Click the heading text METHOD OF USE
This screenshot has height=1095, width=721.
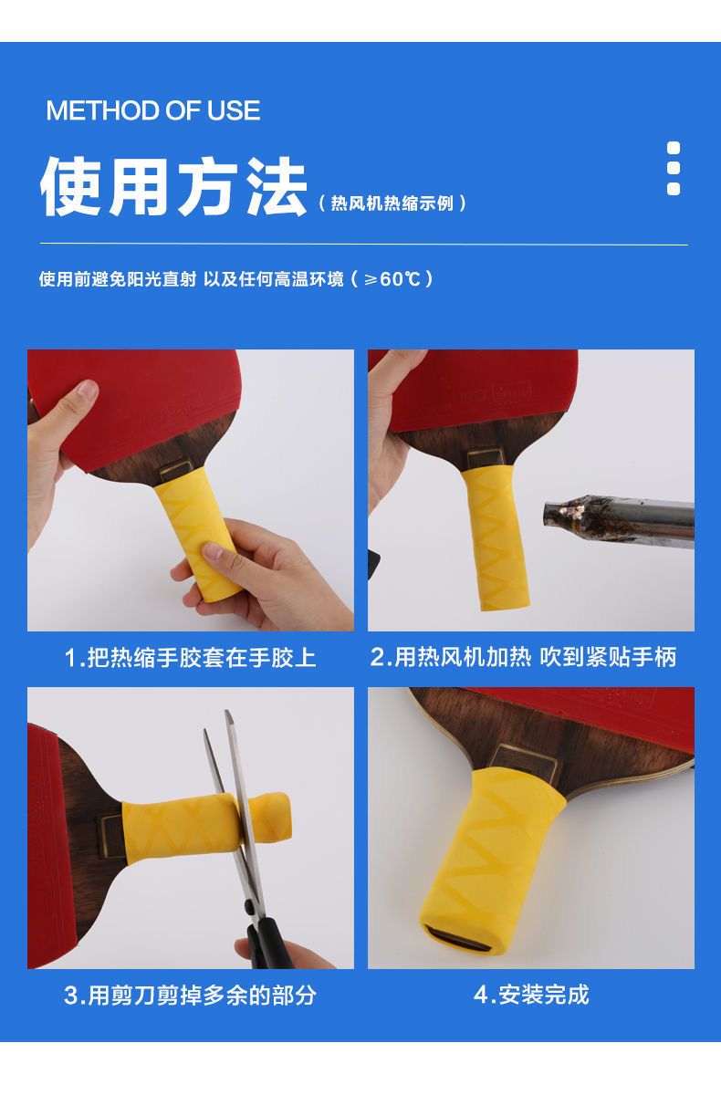coord(153,110)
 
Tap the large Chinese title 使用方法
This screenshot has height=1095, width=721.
coord(173,187)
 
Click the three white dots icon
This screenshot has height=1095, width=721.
coord(674,169)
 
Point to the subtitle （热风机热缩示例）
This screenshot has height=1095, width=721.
coord(392,203)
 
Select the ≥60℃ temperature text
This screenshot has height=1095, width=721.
coord(392,279)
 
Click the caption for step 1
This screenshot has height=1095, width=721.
coord(190,658)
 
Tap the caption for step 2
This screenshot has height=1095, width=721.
coord(523,657)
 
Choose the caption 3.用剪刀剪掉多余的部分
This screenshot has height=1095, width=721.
coord(190,996)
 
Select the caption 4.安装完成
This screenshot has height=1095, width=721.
coord(531,995)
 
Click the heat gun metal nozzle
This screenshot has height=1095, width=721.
coord(619,521)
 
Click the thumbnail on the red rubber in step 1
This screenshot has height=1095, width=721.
coord(88,391)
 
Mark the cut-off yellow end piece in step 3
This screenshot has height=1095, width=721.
coord(266,818)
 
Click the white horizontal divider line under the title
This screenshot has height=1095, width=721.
coord(363,244)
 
